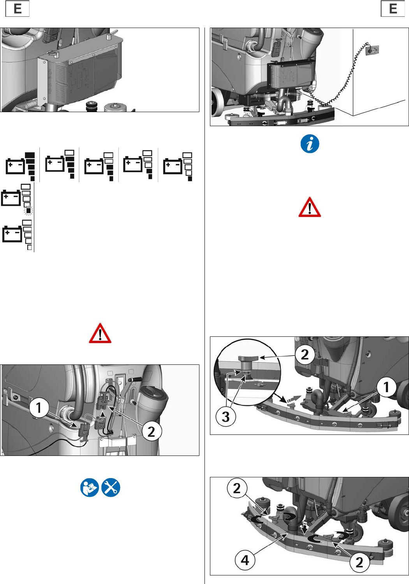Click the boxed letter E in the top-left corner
18,9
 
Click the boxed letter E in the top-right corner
393,9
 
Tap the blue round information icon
310,144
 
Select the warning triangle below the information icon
310,208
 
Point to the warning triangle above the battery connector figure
100,334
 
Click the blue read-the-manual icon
90,487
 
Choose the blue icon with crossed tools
111,487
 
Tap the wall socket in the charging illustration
372,50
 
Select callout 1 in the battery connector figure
39,408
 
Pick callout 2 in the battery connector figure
151,431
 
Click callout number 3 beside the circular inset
226,417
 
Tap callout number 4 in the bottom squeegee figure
245,560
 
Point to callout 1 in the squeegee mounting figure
386,387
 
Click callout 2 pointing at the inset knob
305,354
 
